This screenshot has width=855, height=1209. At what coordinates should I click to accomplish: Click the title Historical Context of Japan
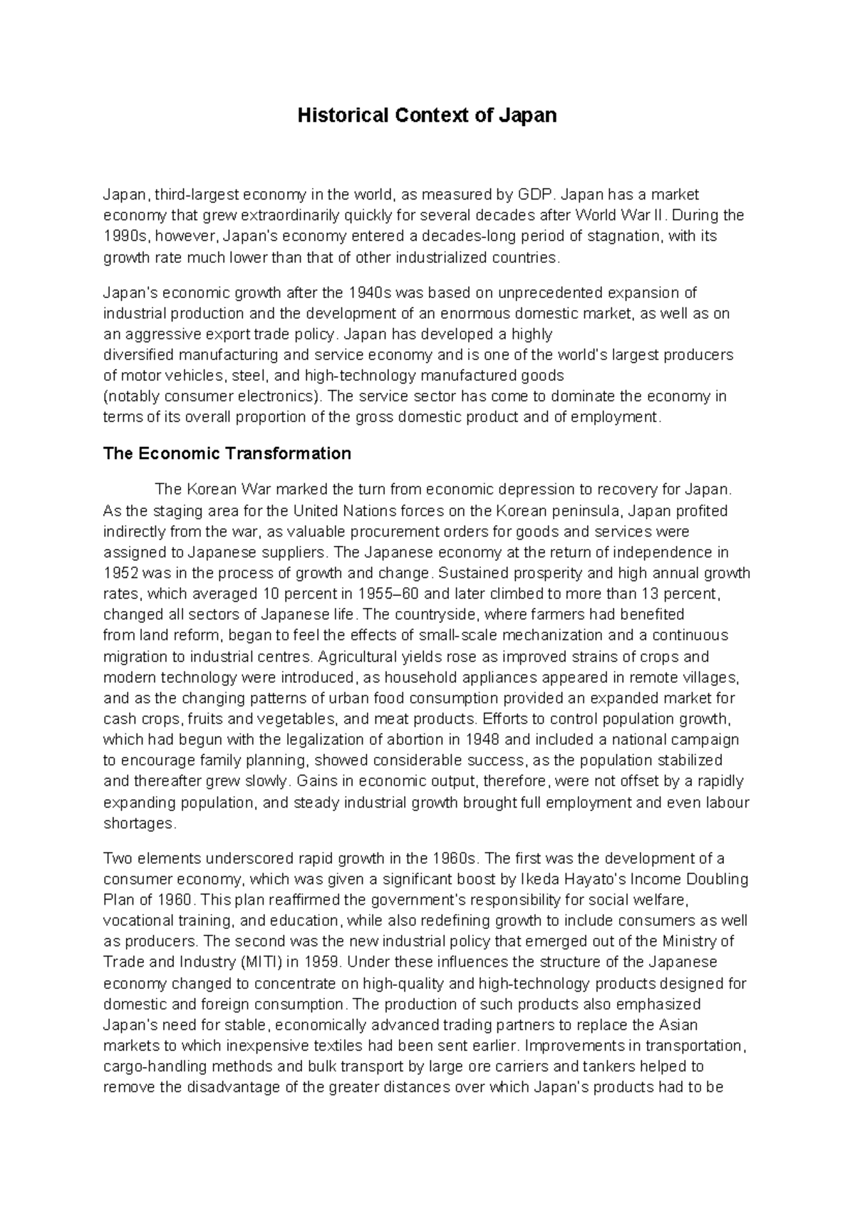(x=427, y=115)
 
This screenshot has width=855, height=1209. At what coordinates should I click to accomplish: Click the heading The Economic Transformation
(x=227, y=454)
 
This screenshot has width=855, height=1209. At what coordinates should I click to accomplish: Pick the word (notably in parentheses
(x=130, y=397)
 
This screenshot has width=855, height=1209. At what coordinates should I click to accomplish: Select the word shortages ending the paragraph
(x=138, y=823)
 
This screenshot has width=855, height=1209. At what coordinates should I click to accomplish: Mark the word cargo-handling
(x=150, y=1067)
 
